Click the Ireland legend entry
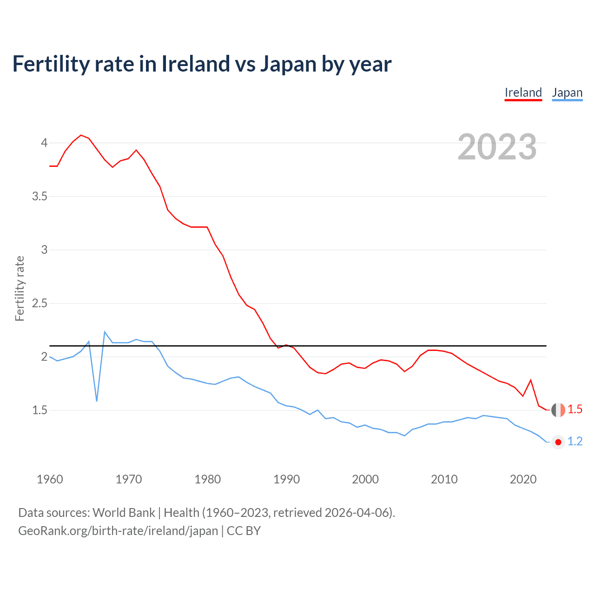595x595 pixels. [x=523, y=93]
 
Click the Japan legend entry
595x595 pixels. [x=567, y=93]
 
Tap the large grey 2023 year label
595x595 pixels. [x=497, y=147]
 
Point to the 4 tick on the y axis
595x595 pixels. [x=44, y=143]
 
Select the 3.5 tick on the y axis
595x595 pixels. [x=40, y=196]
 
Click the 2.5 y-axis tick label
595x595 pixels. [x=40, y=303]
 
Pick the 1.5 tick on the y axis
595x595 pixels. [x=40, y=410]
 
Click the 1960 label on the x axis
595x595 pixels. [x=50, y=479]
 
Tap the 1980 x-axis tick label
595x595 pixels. [x=208, y=479]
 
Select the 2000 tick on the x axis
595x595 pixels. [x=365, y=479]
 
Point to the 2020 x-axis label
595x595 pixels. [x=523, y=479]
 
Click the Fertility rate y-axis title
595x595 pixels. [x=20, y=288]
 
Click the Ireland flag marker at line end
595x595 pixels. [x=558, y=410]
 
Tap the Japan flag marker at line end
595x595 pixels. [x=558, y=442]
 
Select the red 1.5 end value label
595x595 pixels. [x=575, y=410]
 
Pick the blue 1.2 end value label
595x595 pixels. [x=575, y=442]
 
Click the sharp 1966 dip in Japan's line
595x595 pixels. [x=97, y=400]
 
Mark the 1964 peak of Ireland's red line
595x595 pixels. [x=81, y=135]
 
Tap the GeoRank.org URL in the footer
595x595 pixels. [x=118, y=531]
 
